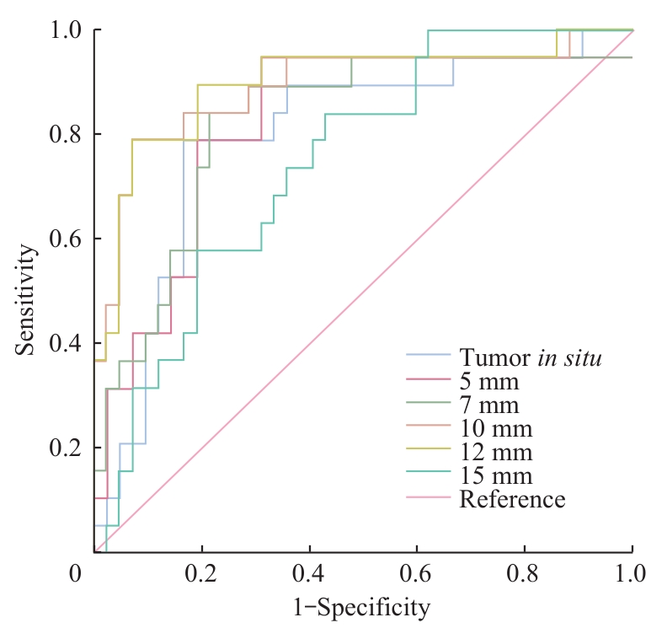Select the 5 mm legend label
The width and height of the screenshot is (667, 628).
489,384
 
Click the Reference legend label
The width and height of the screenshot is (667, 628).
512,499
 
